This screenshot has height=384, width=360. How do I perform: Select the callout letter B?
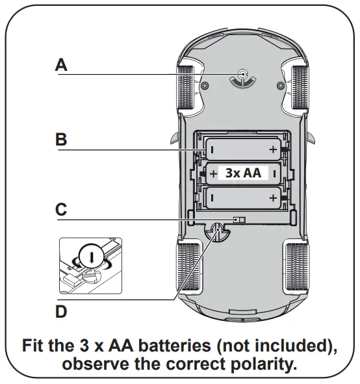point(61,139)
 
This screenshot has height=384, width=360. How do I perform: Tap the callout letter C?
point(61,209)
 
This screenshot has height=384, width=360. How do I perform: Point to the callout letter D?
point(61,312)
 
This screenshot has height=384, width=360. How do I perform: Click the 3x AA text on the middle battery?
point(243,173)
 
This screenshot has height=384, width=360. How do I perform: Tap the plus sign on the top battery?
point(273,150)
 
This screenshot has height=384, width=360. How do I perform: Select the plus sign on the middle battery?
point(213,173)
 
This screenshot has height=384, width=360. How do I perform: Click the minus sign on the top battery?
point(212,150)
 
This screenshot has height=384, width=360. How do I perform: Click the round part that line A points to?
point(242,76)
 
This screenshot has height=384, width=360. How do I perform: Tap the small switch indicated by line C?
point(240,220)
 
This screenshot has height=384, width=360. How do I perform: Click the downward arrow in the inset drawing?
point(90,257)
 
